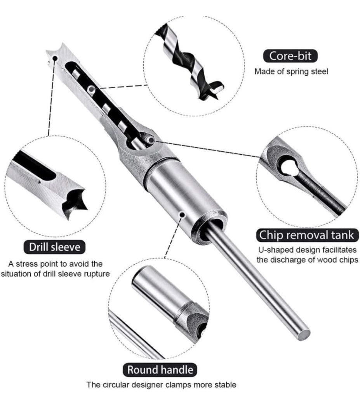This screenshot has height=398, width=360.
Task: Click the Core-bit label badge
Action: [290, 56]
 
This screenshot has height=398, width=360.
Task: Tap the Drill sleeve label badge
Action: [54, 247]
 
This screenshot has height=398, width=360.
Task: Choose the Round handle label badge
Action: [160, 370]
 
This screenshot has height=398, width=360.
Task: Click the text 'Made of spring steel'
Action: [291, 72]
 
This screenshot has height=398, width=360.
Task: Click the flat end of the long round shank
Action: [303, 333]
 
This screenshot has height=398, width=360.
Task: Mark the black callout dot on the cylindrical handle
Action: [182, 215]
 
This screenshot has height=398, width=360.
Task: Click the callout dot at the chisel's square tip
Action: [55, 58]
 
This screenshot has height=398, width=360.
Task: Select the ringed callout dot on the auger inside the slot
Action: [91, 89]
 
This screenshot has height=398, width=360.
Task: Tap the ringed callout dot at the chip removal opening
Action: [151, 140]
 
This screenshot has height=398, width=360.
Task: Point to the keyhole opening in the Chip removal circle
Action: [288, 168]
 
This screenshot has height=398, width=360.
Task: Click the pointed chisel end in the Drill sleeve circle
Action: [73, 202]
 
